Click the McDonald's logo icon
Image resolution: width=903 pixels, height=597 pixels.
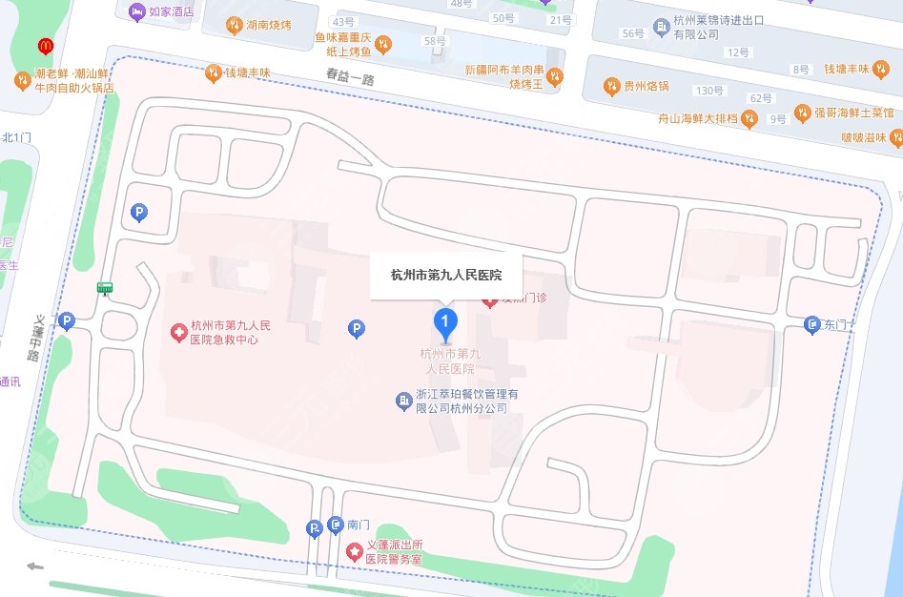(44, 46)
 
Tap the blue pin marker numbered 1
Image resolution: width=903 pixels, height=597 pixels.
(443, 322)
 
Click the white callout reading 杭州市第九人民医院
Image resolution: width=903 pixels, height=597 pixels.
(446, 276)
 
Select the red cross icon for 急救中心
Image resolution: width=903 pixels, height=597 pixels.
(177, 333)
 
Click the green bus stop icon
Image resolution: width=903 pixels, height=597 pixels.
(105, 288)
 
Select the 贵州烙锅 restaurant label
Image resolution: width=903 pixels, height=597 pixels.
(646, 87)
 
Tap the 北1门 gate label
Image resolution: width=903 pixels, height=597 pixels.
(17, 137)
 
